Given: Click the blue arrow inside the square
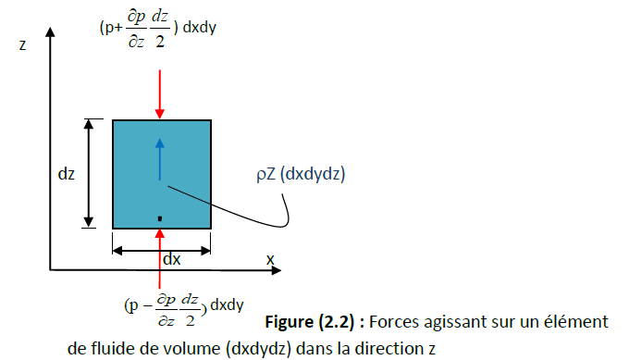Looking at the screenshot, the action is tap(160, 159).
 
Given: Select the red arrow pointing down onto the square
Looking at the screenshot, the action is tap(160, 94).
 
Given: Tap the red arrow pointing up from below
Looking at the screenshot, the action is tap(160, 258).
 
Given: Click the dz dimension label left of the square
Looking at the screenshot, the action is tap(67, 174).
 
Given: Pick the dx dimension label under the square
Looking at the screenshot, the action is tap(172, 259).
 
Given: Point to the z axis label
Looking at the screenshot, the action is tap(23, 45).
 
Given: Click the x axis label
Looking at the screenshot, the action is tap(270, 260).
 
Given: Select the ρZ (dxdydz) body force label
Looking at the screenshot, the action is tap(301, 174).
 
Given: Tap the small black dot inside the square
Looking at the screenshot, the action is tap(160, 218).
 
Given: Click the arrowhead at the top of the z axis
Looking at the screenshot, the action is tap(50, 31).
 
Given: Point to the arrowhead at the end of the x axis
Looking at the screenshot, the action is tap(277, 270).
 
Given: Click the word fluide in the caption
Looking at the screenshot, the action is tap(113, 348).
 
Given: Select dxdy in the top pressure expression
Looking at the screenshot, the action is tap(200, 27).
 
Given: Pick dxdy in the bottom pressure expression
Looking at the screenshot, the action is tap(227, 305).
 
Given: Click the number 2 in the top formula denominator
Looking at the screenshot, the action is tap(160, 41).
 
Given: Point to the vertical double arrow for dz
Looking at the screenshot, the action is tap(89, 173).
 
